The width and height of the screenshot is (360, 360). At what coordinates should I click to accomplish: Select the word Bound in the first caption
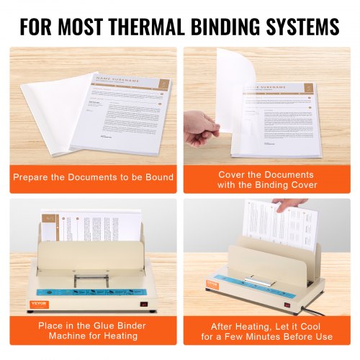click(157, 177)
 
